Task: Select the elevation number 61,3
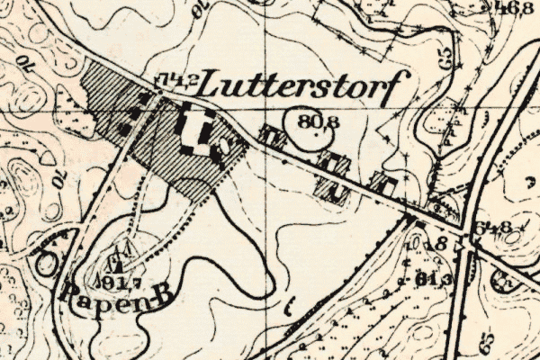[433, 279]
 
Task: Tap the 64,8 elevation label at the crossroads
[495, 226]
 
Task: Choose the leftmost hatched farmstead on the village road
[272, 137]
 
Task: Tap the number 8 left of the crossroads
[440, 242]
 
